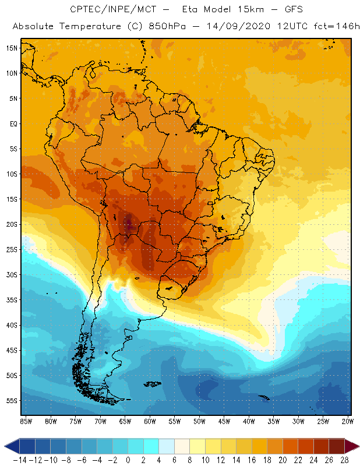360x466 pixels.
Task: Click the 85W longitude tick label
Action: pos(26,421)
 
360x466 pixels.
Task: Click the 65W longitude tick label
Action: pos(125,421)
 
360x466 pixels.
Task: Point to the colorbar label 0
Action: pos(128,460)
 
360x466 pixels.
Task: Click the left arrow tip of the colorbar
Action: pos(5,446)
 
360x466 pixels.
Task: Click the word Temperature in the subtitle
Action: pos(93,27)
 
